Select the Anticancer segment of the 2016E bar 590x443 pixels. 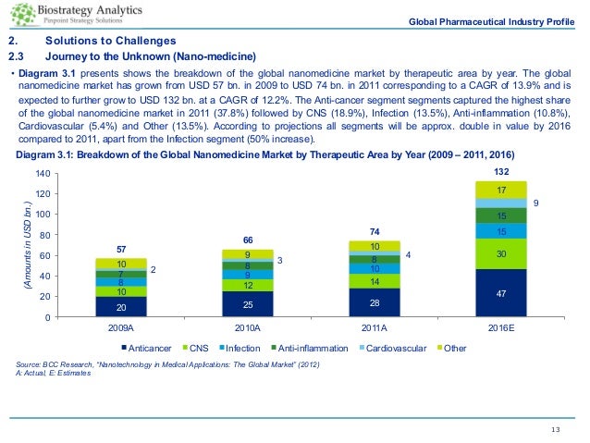tap(500, 293)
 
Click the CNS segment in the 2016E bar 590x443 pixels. tap(500, 254)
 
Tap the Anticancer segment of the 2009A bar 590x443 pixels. tap(121, 307)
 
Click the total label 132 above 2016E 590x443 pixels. tap(500, 173)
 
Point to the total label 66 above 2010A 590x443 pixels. tap(248, 240)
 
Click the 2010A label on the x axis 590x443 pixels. tap(248, 327)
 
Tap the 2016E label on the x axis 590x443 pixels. tap(500, 327)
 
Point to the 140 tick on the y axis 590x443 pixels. tap(43, 174)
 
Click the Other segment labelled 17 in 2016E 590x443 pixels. tap(500, 190)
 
